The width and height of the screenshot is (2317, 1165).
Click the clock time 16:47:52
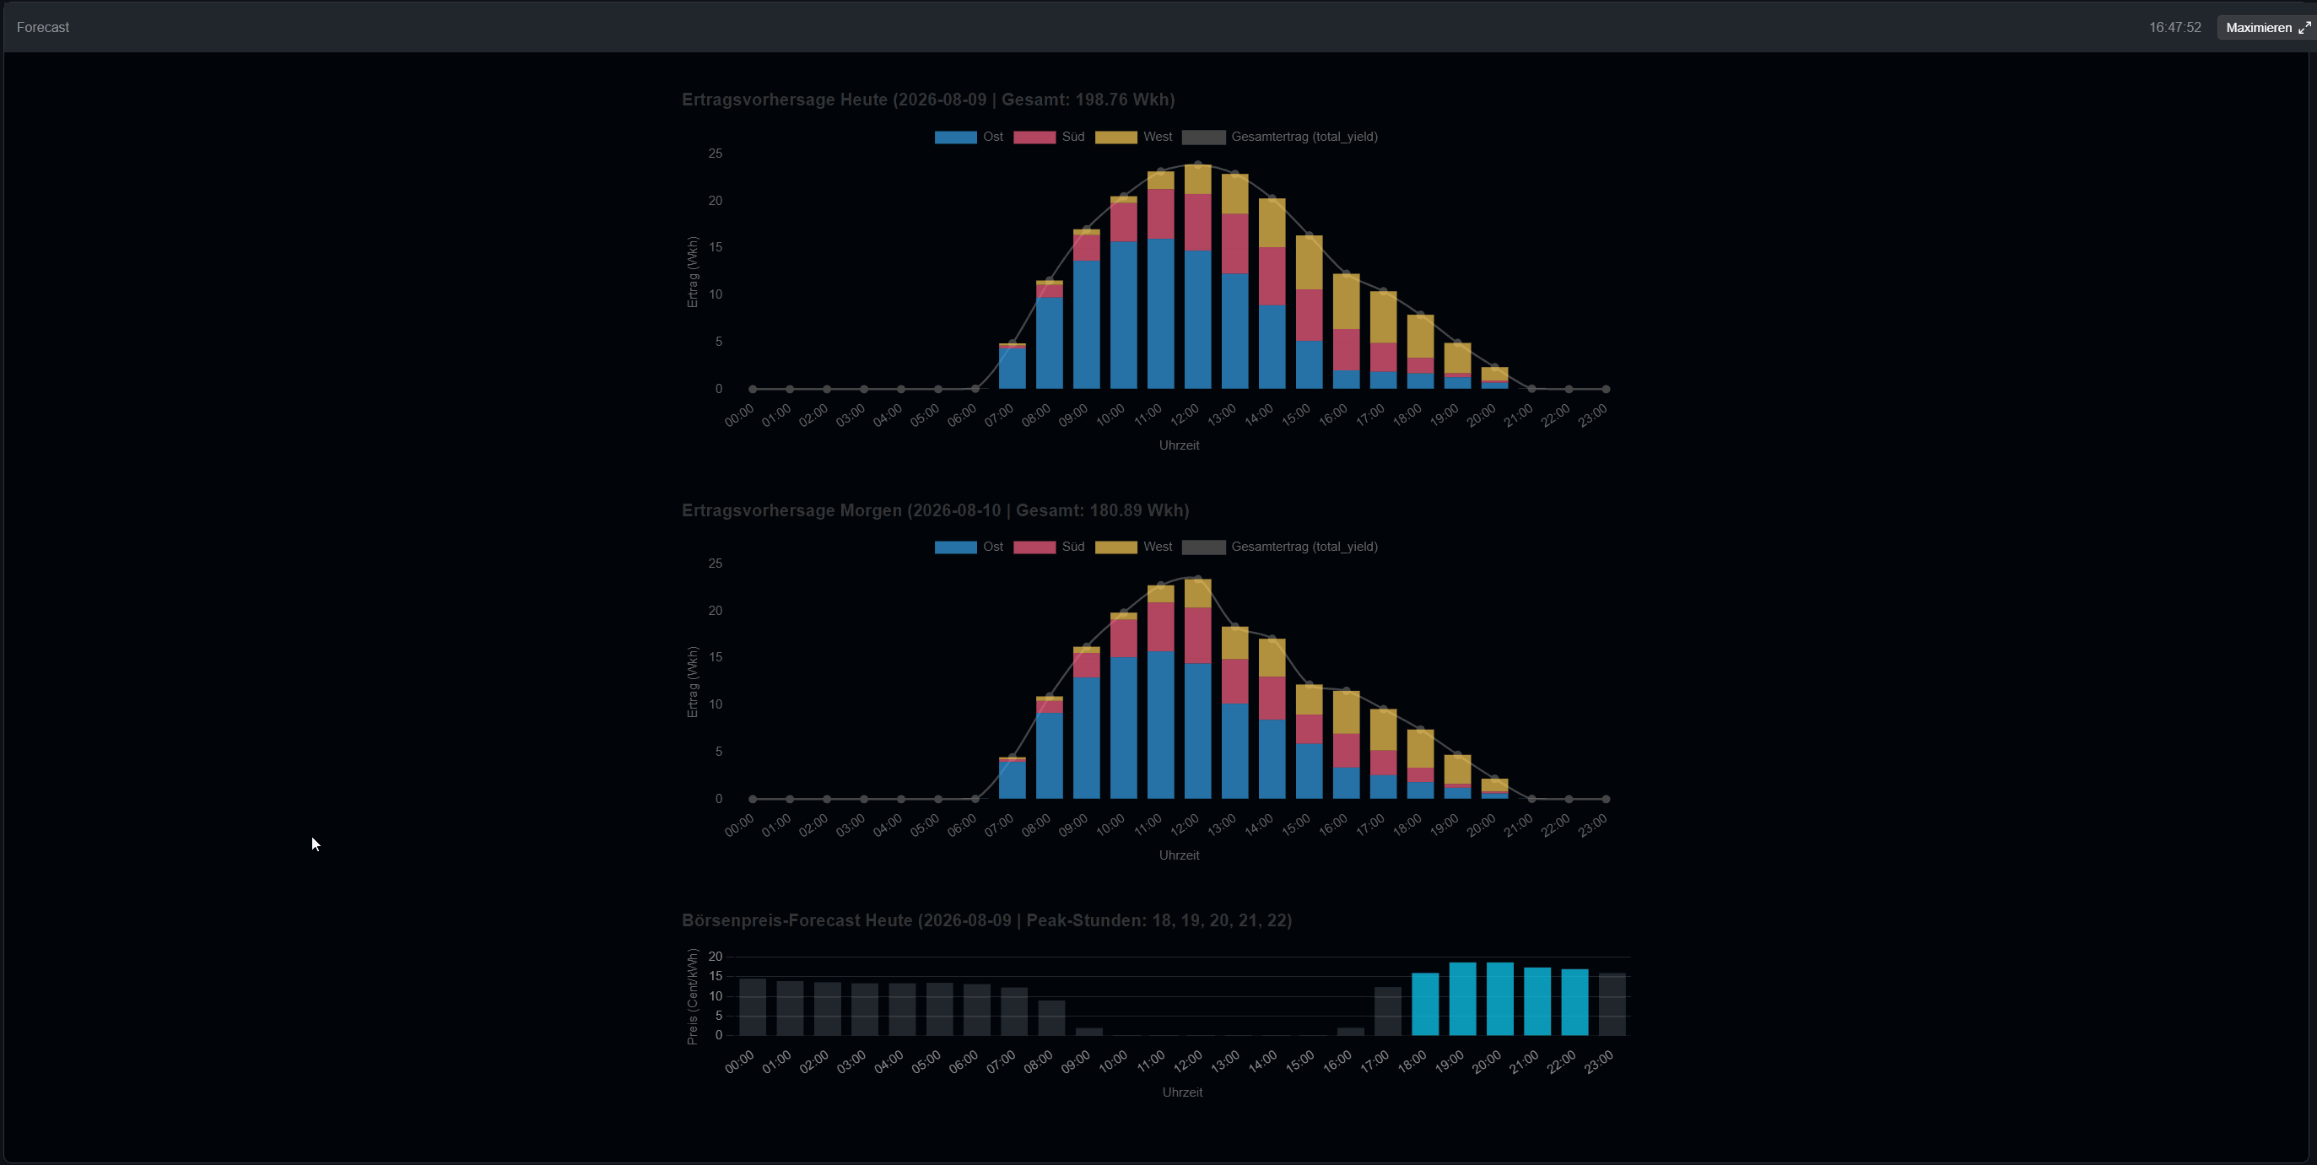click(x=2175, y=27)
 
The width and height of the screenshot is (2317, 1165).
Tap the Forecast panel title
click(x=42, y=27)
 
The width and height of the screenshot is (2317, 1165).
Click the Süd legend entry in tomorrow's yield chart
click(x=1049, y=547)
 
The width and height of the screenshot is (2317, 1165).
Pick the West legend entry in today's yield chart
click(x=1133, y=137)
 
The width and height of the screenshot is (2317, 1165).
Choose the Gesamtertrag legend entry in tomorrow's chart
click(x=1280, y=547)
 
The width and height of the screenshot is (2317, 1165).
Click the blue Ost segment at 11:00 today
click(x=1160, y=314)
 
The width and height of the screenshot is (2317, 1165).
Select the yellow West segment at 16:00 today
click(x=1347, y=302)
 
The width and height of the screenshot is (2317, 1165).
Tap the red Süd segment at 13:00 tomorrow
click(x=1235, y=682)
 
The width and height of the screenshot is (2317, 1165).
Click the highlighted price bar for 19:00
click(x=1462, y=999)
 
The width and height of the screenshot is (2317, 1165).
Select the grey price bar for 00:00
click(x=753, y=1006)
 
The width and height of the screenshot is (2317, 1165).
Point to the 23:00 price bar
click(x=1612, y=1004)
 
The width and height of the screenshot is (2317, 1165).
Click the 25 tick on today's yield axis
click(x=715, y=154)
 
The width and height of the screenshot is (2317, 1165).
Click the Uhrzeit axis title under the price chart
click(x=1182, y=1092)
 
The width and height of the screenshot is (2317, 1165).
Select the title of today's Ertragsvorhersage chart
click(x=928, y=100)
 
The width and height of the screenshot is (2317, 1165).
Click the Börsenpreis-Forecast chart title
click(x=986, y=920)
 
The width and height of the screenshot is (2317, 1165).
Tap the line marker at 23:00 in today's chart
click(x=1606, y=389)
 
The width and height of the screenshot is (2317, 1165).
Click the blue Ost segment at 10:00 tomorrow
click(x=1123, y=728)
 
